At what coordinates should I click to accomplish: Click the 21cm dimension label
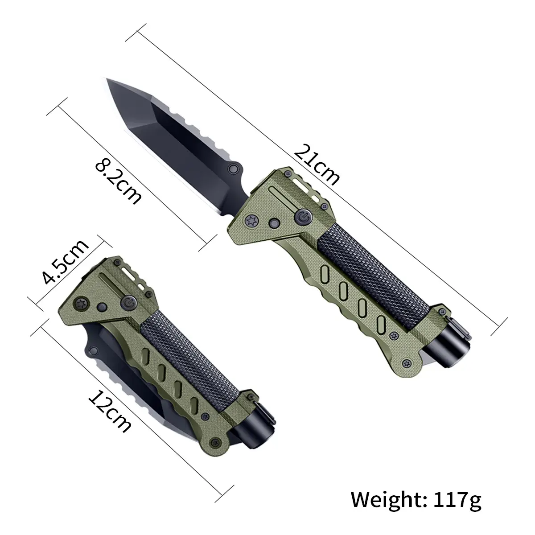tap(317, 165)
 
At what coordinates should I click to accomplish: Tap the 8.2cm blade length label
tap(118, 182)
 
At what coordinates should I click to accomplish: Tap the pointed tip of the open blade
tap(107, 78)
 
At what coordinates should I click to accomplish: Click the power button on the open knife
tap(304, 218)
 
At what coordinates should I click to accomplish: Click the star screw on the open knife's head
tap(252, 221)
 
